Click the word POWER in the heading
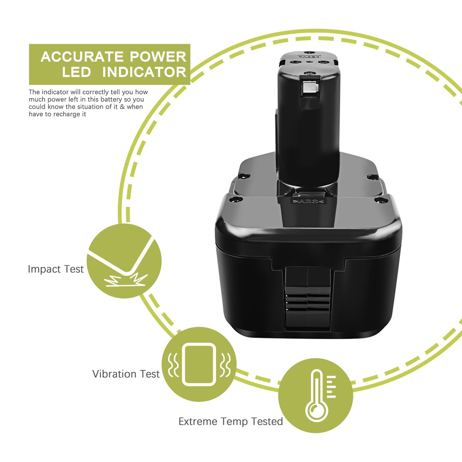[158, 57]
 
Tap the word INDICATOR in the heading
[144, 72]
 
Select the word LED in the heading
[76, 72]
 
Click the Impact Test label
[55, 269]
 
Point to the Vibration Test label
[126, 374]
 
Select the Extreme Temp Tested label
[231, 422]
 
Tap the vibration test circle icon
[199, 365]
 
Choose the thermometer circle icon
[315, 396]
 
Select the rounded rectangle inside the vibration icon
[199, 365]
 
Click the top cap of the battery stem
[308, 60]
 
